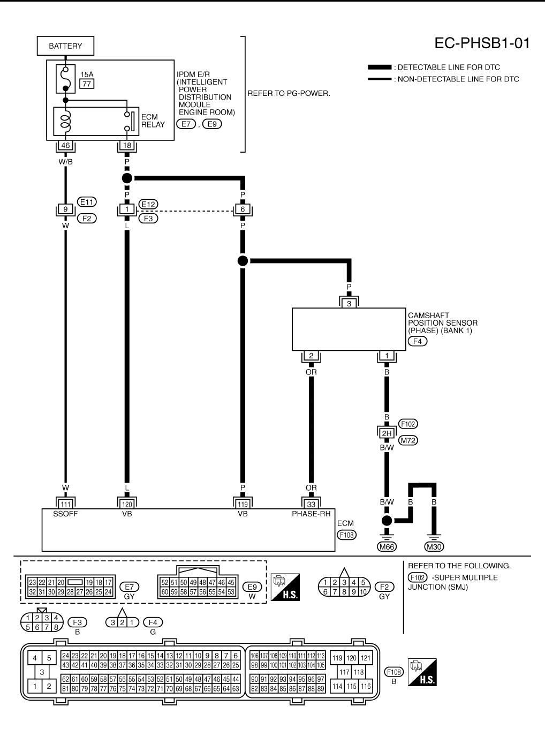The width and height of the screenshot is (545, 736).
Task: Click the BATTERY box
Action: [65, 46]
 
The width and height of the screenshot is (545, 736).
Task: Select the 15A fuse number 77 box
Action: [87, 84]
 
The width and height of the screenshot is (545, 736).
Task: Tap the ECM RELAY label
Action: [153, 121]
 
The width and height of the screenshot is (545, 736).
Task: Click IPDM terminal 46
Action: [66, 145]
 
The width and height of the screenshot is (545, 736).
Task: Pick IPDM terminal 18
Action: [127, 145]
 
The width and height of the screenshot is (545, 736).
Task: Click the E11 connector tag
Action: [87, 202]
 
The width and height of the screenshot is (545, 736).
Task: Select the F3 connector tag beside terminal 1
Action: [148, 219]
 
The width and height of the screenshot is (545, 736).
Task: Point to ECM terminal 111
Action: [66, 505]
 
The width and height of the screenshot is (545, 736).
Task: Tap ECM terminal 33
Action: [311, 505]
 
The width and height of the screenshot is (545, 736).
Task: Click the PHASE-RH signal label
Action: [311, 514]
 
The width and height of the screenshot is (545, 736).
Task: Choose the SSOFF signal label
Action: [65, 514]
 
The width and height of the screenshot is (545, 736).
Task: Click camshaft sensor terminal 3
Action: [349, 304]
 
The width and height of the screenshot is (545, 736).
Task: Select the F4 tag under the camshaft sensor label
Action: [418, 341]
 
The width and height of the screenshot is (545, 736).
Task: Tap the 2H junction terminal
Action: [387, 433]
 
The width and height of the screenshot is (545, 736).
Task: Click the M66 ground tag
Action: [387, 546]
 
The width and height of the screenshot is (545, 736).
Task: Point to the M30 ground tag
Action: [434, 546]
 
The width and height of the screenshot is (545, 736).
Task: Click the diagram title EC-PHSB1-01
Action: [482, 43]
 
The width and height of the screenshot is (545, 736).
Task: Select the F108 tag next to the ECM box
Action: [346, 535]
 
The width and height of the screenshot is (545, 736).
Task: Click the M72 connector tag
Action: [408, 440]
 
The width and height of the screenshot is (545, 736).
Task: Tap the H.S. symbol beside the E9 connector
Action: [285, 587]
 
